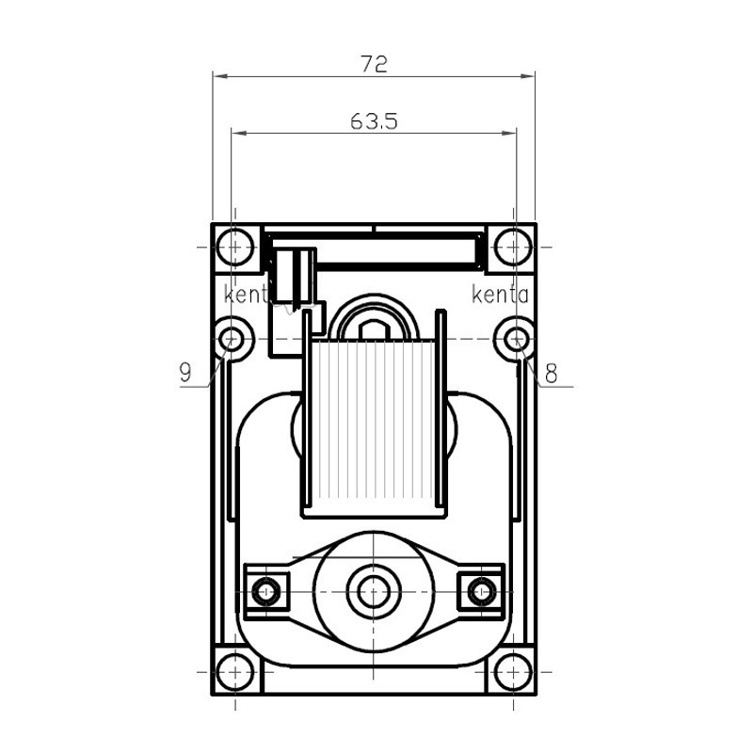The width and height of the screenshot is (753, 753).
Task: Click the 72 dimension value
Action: point(374,63)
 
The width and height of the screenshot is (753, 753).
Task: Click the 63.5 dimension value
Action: point(374,121)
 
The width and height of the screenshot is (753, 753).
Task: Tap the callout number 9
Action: point(185,372)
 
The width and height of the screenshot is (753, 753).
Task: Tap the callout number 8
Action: point(551,373)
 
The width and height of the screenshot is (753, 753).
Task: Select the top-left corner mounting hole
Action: point(234,248)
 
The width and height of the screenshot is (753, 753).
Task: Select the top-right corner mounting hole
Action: point(513,248)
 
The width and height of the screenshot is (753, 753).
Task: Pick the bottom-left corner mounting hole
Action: point(234,672)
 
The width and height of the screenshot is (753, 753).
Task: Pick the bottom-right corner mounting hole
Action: point(513,672)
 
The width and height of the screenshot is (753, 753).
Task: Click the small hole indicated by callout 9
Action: point(232,339)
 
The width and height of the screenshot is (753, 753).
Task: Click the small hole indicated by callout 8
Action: point(517,339)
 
